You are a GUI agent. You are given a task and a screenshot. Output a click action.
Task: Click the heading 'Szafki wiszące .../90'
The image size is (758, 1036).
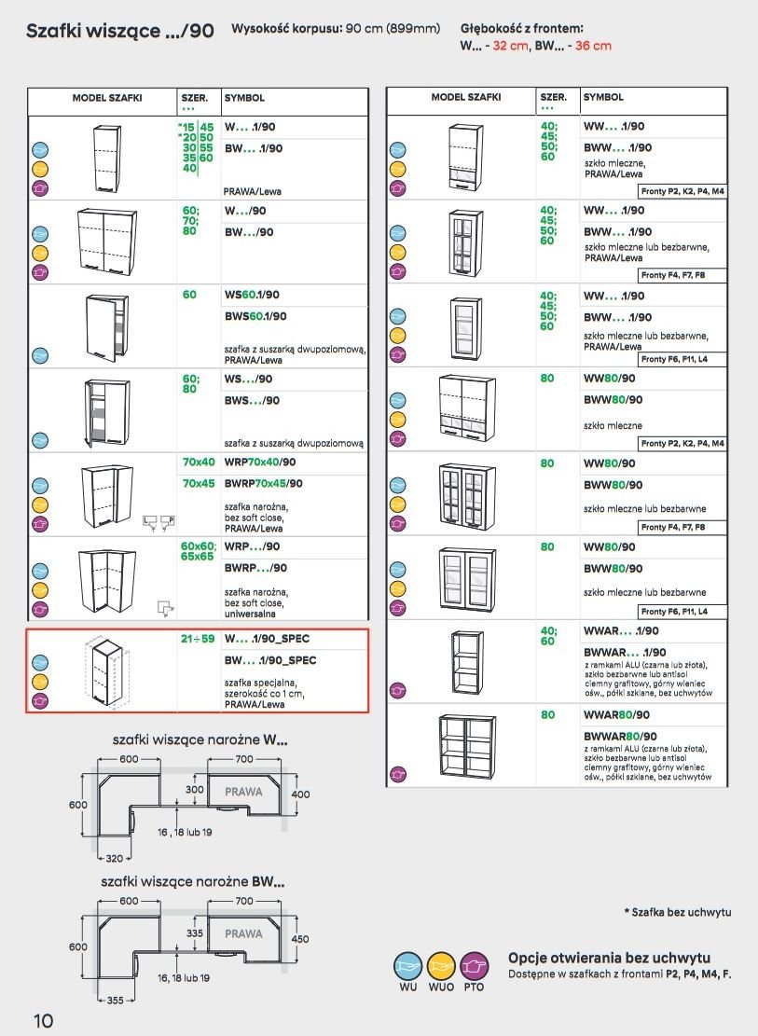(120, 31)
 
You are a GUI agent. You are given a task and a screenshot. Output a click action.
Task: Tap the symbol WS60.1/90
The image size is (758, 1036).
(252, 295)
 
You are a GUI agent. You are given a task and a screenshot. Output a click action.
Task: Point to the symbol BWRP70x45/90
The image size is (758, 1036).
(264, 483)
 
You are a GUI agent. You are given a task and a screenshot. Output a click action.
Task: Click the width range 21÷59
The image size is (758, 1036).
(198, 639)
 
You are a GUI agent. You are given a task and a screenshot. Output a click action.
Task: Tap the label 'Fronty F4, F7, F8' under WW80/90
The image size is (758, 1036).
(673, 527)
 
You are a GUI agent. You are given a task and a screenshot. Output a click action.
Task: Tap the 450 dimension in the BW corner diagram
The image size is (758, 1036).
(300, 939)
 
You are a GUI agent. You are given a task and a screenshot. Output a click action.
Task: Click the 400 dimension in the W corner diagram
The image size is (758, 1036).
(300, 794)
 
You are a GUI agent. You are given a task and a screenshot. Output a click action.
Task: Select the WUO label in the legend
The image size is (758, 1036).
(440, 987)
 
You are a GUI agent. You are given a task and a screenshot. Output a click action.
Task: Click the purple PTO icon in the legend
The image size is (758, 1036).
(474, 965)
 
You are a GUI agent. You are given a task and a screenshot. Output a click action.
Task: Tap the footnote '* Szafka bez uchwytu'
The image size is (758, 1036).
(678, 911)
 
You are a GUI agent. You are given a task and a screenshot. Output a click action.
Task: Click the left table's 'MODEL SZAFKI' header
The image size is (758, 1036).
(107, 97)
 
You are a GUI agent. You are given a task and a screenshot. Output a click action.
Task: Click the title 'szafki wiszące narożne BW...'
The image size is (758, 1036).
(192, 881)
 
